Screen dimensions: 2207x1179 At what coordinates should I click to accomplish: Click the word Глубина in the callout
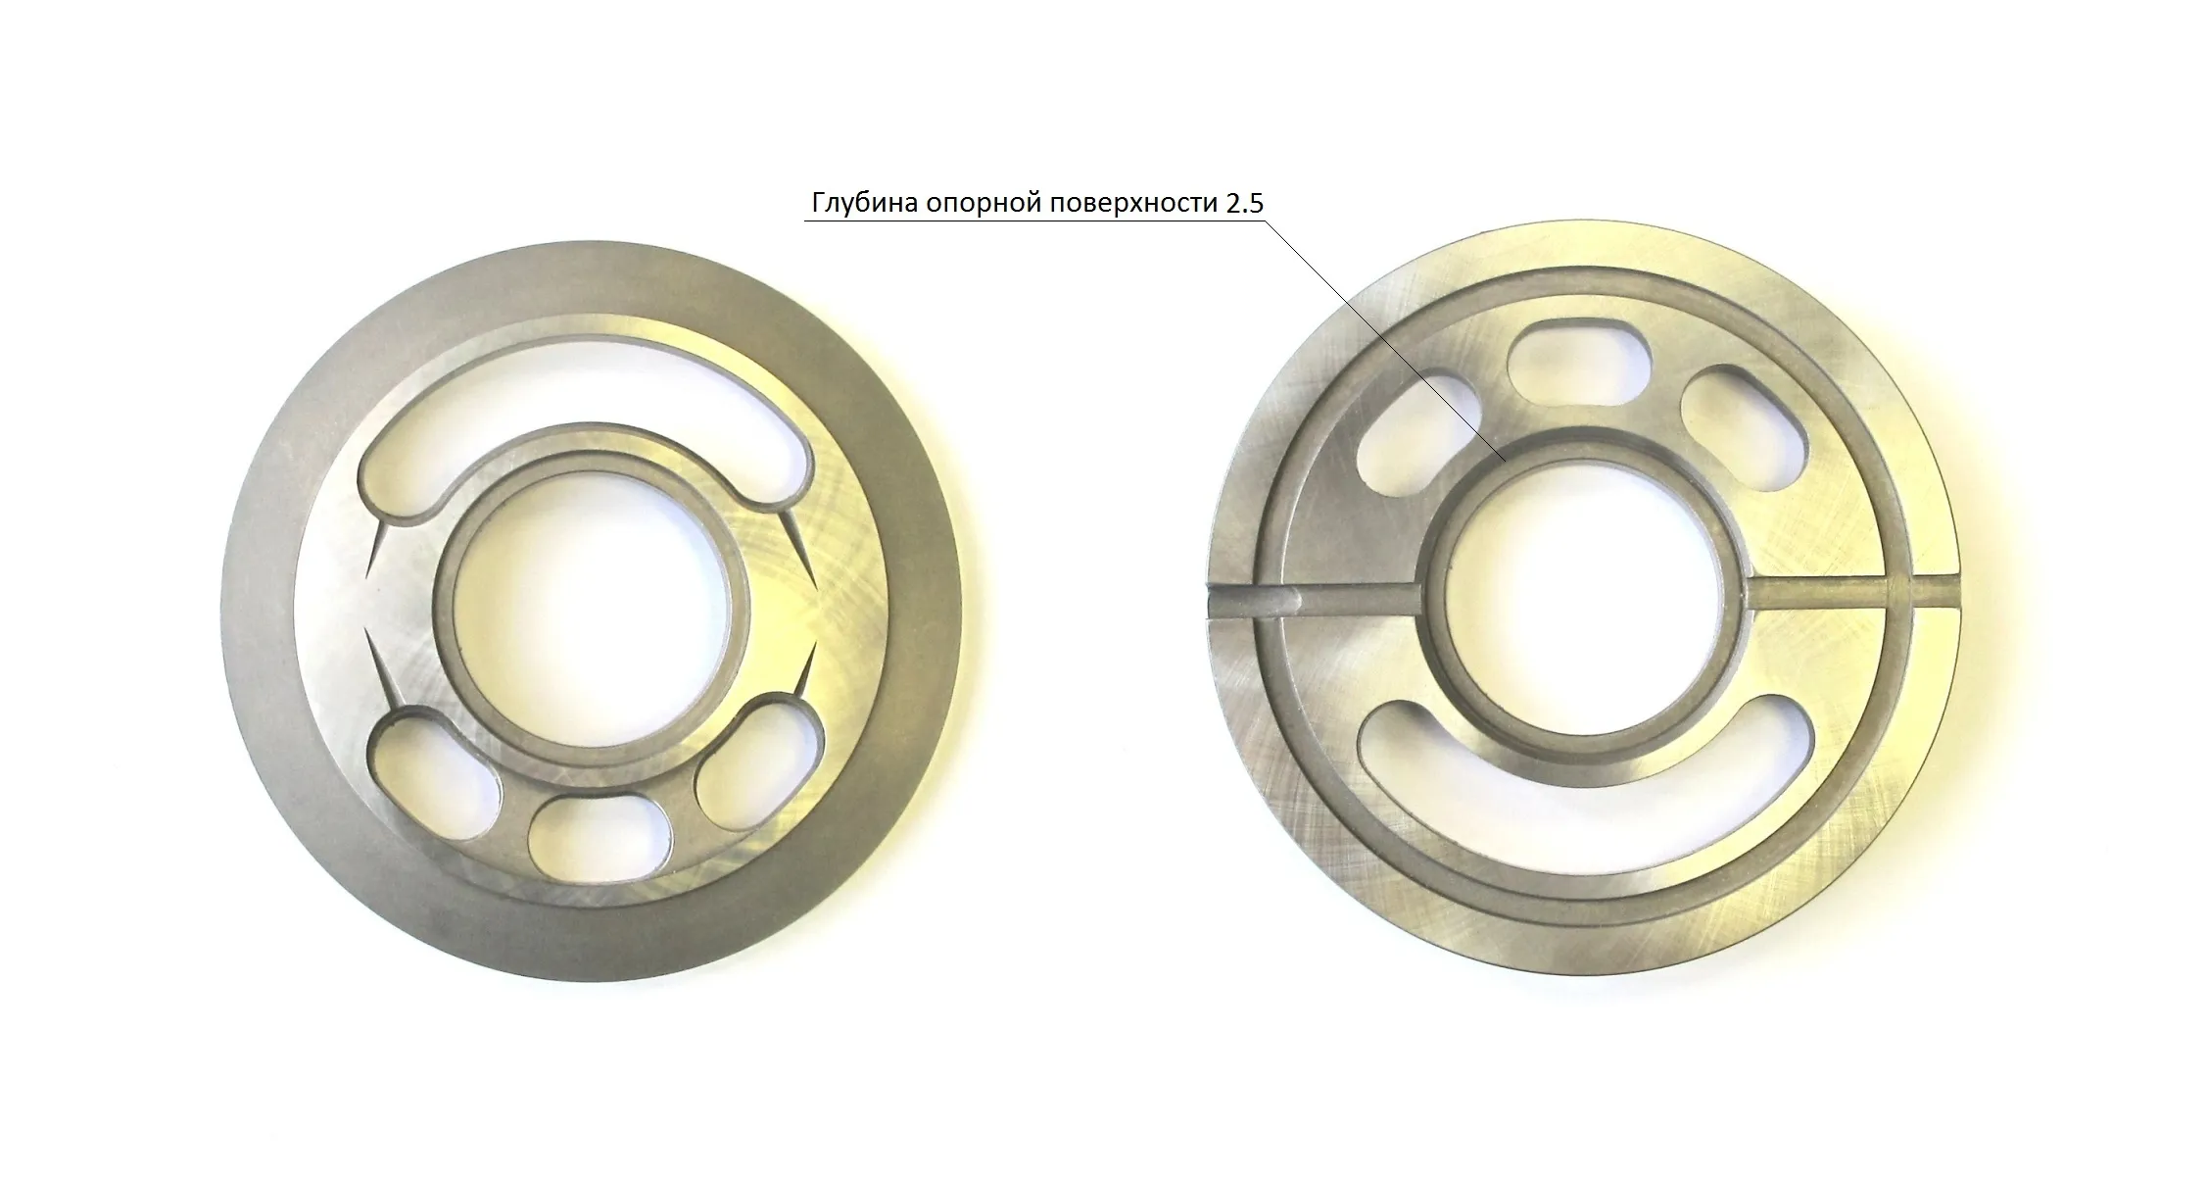(x=862, y=204)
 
